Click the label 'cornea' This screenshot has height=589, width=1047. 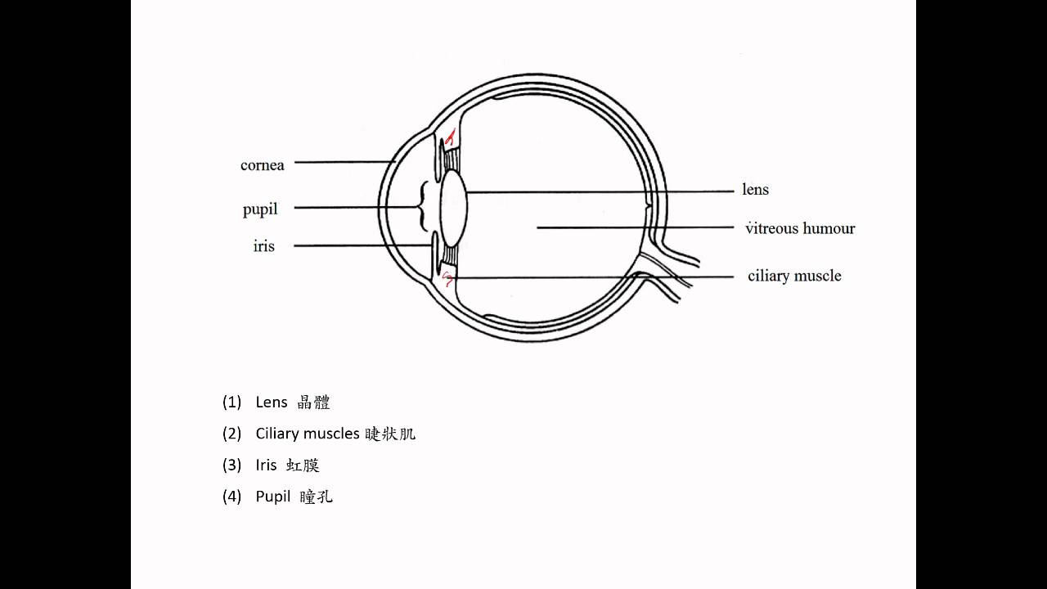pos(262,165)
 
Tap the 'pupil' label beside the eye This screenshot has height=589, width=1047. pos(260,209)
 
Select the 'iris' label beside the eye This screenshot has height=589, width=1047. pos(263,246)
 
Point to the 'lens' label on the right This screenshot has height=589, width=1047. pos(755,190)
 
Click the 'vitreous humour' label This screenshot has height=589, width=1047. pos(800,228)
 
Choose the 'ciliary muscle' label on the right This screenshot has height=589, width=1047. pos(794,276)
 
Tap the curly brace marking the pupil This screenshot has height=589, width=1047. pos(423,206)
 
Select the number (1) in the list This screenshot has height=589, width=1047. pos(231,402)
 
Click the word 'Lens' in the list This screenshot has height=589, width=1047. pos(272,402)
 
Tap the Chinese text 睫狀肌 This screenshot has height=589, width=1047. pos(391,434)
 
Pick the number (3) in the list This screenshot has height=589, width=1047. pos(231,465)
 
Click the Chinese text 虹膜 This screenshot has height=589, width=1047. pos(303,465)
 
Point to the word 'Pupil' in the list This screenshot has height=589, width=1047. pos(273,497)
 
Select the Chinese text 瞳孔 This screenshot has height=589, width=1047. pos(317,497)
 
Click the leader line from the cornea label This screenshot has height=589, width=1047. pos(344,162)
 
